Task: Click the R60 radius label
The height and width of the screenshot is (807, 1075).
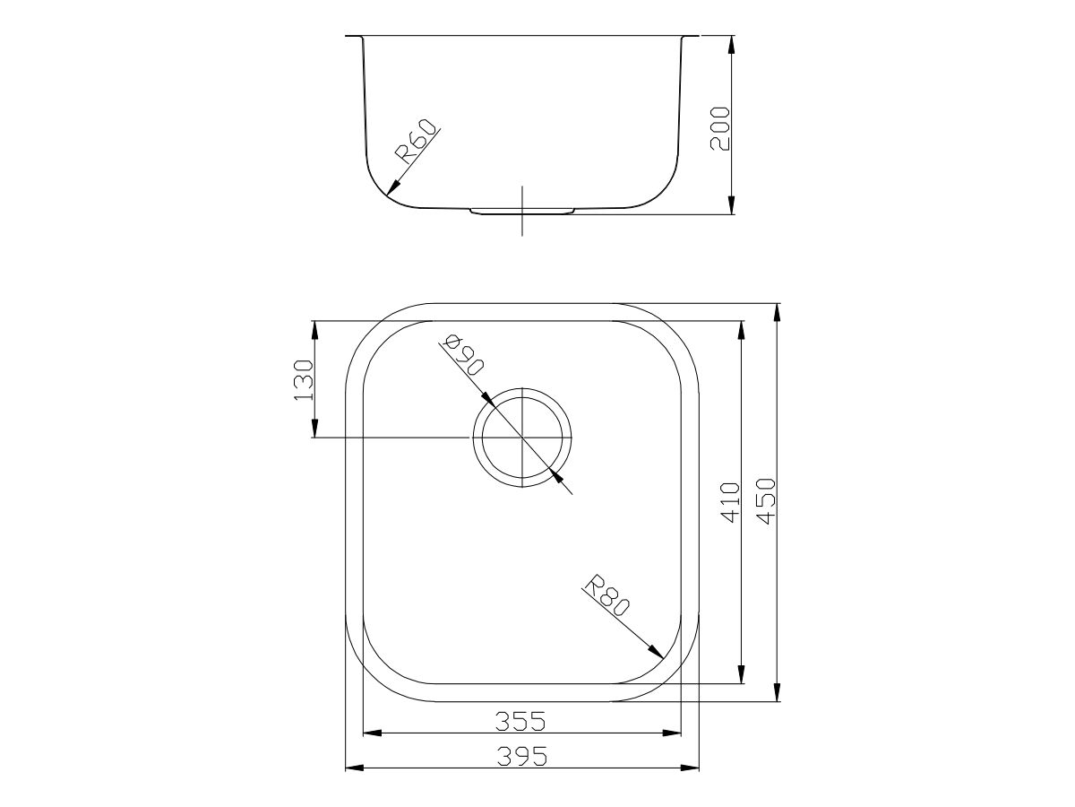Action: (417, 141)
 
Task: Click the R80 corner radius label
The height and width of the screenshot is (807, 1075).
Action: (606, 596)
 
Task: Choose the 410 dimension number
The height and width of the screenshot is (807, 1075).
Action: (730, 502)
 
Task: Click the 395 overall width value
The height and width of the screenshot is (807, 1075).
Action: (521, 757)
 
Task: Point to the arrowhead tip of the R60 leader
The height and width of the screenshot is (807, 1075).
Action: (386, 195)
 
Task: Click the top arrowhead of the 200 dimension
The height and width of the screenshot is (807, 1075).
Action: (732, 39)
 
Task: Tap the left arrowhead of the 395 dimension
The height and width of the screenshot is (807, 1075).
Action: (348, 768)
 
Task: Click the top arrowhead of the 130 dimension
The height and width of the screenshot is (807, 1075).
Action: (314, 324)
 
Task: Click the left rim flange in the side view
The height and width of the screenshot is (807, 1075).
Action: (354, 38)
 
